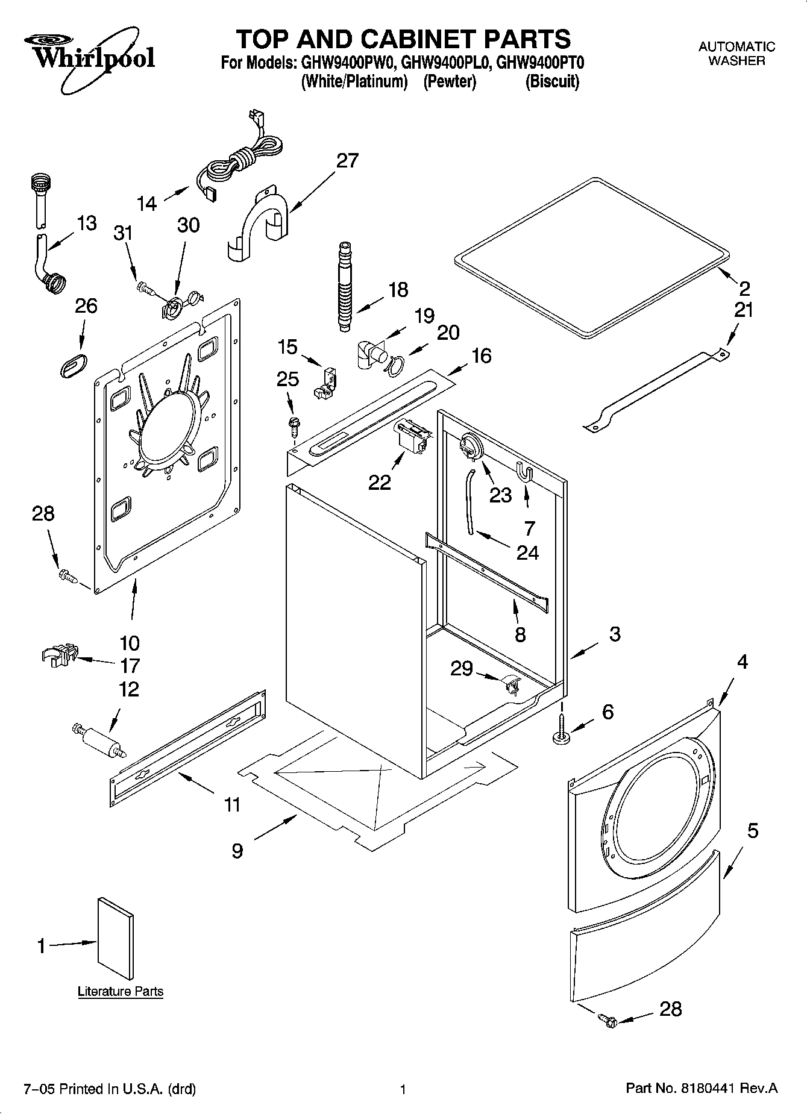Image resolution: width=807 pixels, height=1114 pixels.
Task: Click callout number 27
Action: coord(347,161)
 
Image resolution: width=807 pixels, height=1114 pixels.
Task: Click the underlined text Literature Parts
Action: coord(121,991)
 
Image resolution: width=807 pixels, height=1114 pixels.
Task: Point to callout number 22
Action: coord(380,483)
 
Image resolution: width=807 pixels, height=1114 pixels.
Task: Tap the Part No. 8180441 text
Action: coord(702,1088)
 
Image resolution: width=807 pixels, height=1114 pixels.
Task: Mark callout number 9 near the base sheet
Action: coord(237,850)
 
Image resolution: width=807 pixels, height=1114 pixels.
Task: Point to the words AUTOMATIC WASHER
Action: coord(736,54)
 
